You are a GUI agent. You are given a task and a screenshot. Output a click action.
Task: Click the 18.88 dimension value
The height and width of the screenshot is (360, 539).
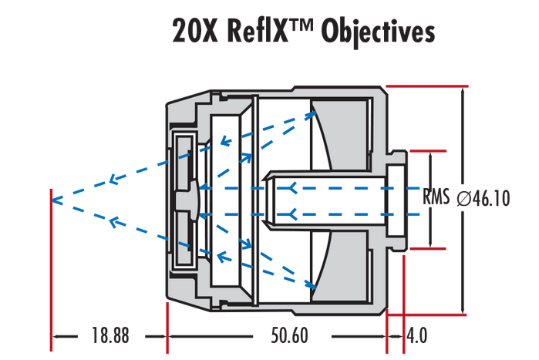pyautogui.click(x=109, y=336)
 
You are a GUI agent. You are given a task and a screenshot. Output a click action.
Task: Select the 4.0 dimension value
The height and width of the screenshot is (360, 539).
pyautogui.click(x=417, y=336)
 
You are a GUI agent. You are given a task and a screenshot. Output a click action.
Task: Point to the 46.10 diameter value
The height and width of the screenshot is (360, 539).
pyautogui.click(x=490, y=199)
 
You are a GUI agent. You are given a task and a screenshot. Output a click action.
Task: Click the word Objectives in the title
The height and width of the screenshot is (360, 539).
pyautogui.click(x=378, y=32)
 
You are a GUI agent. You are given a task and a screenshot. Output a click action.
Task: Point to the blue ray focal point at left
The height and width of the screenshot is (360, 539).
pyautogui.click(x=52, y=200)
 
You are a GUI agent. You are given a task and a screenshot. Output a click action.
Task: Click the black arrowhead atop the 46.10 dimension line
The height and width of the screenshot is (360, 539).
pyautogui.click(x=463, y=93)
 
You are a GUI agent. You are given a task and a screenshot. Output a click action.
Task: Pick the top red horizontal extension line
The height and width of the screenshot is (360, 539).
pyautogui.click(x=424, y=86)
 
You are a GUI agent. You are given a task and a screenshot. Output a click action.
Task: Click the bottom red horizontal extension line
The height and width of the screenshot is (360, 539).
pyautogui.click(x=424, y=314)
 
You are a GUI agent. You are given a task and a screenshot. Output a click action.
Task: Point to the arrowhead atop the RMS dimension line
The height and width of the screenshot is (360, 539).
pyautogui.click(x=426, y=156)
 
